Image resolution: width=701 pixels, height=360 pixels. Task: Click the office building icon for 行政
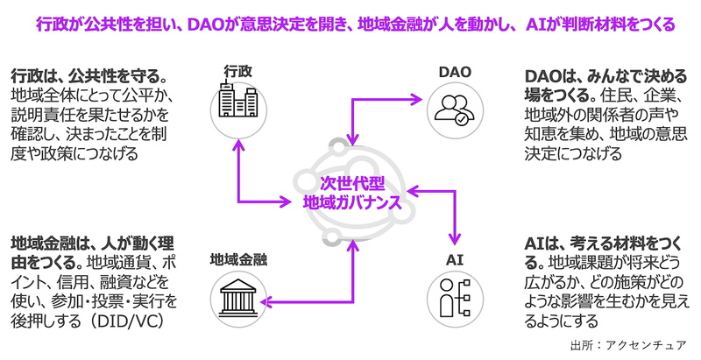tap(237, 102)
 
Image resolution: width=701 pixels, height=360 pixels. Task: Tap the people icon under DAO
tap(455, 109)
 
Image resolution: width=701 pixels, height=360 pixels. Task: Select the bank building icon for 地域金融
tap(237, 298)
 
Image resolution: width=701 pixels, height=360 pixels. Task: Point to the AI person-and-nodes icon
tap(455, 298)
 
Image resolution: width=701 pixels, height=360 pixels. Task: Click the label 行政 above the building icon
tap(237, 72)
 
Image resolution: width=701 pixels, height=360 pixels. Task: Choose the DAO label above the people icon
tap(455, 72)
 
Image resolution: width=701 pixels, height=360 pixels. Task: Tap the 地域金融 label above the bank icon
tap(238, 259)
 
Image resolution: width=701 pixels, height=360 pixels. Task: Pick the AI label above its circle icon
tap(454, 259)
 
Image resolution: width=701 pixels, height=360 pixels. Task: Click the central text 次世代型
tap(352, 184)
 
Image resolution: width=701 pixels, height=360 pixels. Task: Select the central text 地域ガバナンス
tap(352, 203)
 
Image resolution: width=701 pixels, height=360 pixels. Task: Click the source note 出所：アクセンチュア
tap(627, 345)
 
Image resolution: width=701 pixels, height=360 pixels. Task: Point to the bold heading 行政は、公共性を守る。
tap(89, 76)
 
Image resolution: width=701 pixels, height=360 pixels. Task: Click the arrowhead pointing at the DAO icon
tap(417, 99)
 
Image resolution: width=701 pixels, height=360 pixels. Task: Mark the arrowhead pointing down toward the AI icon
tap(455, 240)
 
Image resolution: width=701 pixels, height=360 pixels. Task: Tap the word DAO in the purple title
tap(205, 25)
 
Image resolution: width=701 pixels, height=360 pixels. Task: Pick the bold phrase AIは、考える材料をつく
tap(603, 244)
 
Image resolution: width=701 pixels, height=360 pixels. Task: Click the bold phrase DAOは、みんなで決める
tap(605, 76)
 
